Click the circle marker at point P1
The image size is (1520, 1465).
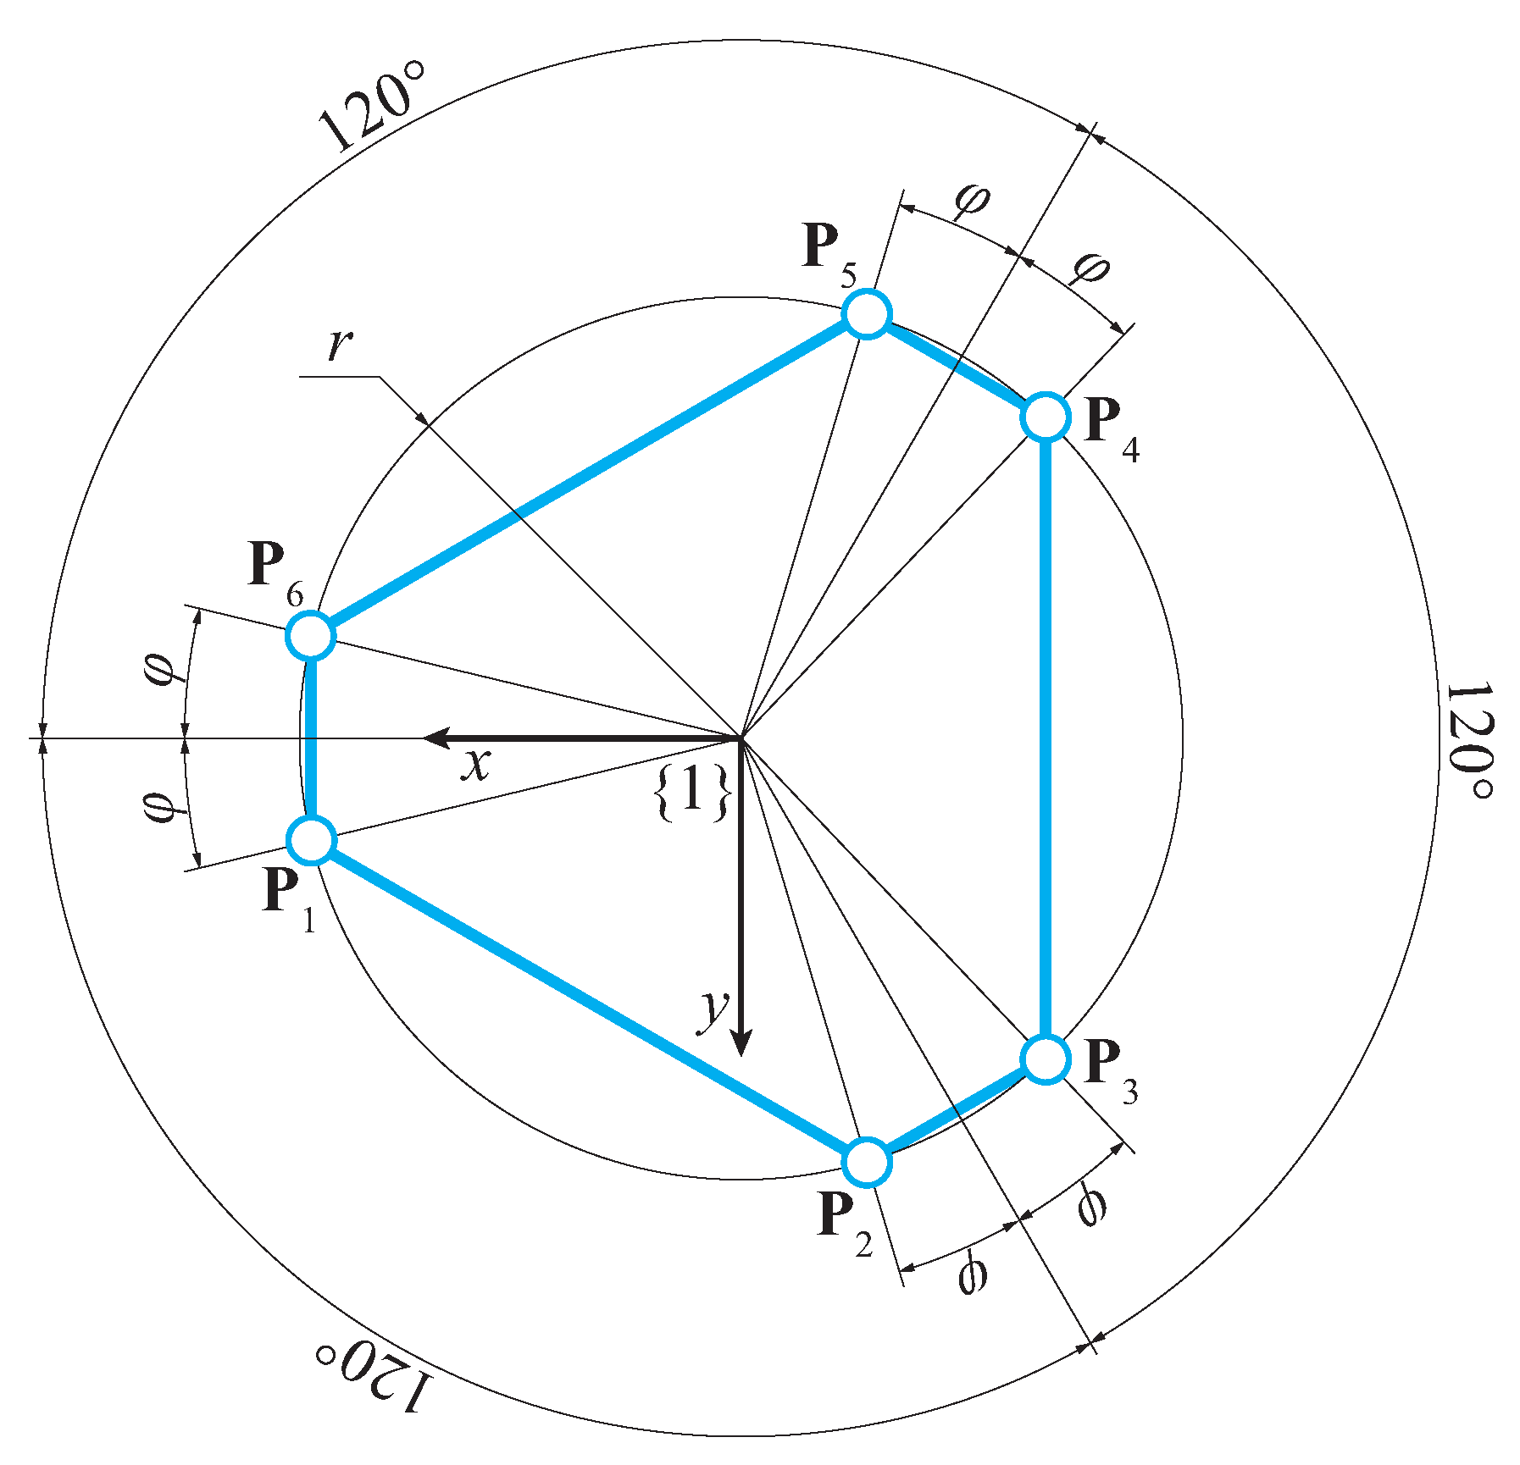point(312,840)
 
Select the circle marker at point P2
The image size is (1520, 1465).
point(867,1162)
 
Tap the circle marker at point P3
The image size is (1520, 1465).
point(1046,1059)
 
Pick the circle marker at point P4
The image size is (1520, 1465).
point(1046,417)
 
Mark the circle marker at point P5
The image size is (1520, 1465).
point(867,314)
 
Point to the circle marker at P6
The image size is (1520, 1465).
point(311,635)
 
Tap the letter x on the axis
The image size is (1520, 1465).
point(476,765)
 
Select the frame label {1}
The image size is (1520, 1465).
point(692,793)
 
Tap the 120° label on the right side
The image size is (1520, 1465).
point(1469,739)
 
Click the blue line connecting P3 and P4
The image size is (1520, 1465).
point(1046,737)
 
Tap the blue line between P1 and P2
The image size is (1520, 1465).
point(589,1001)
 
